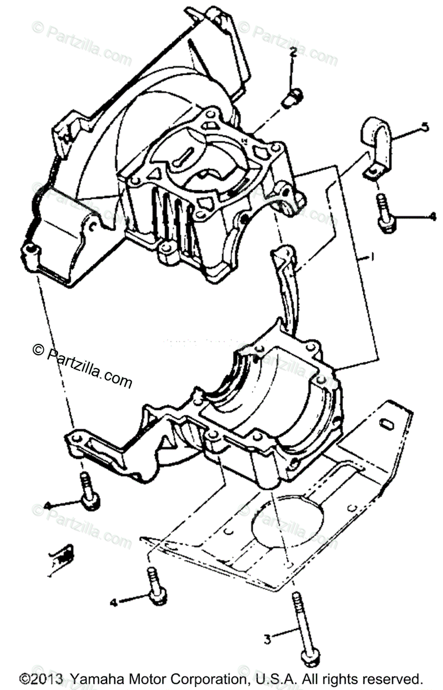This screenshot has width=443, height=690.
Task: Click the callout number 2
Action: point(293,52)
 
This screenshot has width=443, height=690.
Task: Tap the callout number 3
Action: point(267,638)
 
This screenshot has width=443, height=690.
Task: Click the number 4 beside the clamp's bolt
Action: point(433,217)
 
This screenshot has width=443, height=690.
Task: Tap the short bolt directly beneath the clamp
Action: point(384,213)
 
